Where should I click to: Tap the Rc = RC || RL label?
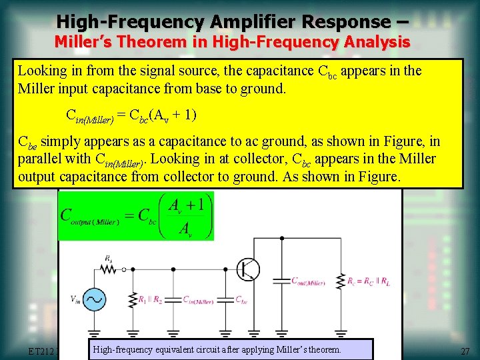(367, 282)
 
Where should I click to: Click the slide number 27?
(465, 351)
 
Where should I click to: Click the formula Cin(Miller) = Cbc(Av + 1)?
(130, 115)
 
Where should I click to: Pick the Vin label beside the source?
(76, 300)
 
